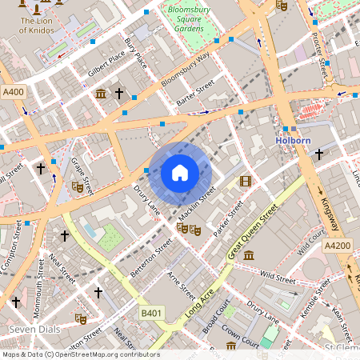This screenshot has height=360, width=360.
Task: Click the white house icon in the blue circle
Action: click(x=180, y=173)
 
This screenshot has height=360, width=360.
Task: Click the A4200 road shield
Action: click(x=338, y=247)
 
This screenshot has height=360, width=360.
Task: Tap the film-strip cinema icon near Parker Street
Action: click(x=245, y=181)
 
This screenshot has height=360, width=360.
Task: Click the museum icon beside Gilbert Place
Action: click(x=101, y=94)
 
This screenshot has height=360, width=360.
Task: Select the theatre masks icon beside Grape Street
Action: click(x=78, y=186)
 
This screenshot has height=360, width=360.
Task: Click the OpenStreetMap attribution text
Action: click(x=80, y=354)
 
